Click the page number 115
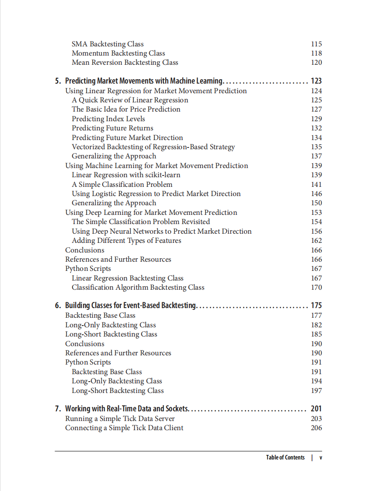click(x=317, y=44)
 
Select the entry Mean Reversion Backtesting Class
click(x=125, y=63)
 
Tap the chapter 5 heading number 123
click(x=316, y=81)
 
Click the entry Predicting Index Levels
click(x=108, y=119)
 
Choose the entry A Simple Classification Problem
click(x=122, y=185)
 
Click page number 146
click(x=317, y=194)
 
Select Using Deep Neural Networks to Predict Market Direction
click(x=161, y=231)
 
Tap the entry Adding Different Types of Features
click(x=126, y=241)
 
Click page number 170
click(x=317, y=288)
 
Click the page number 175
click(x=316, y=305)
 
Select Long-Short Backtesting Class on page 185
click(x=111, y=334)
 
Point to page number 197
click(x=317, y=391)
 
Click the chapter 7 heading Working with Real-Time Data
click(x=127, y=409)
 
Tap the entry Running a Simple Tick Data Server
click(x=120, y=419)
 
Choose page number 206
click(x=317, y=428)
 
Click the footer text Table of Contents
click(x=285, y=457)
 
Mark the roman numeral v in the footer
click(x=321, y=457)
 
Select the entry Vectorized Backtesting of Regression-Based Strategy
click(x=153, y=147)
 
